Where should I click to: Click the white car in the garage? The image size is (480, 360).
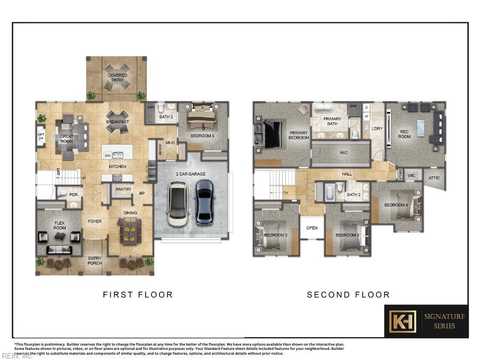[177, 203]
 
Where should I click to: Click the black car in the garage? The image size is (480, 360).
[204, 201]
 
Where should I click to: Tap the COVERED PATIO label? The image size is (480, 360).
[117, 78]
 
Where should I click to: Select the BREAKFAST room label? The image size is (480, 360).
[117, 122]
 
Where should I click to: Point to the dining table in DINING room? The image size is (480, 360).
[129, 232]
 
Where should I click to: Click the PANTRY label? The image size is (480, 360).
[123, 189]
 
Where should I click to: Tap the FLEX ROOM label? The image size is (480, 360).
[59, 225]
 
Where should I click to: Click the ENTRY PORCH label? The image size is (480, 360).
[94, 261]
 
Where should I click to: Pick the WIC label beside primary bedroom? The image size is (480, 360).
[343, 153]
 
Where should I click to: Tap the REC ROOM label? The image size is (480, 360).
[404, 133]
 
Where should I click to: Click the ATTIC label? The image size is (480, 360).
[434, 178]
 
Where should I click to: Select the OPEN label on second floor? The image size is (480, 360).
[312, 228]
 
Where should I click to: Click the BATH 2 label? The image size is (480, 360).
[353, 195]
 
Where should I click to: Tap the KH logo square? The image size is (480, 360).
[402, 322]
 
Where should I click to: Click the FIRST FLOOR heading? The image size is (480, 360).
[138, 294]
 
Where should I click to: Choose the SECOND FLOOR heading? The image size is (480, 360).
[348, 294]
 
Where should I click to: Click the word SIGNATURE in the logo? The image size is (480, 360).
[444, 316]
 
